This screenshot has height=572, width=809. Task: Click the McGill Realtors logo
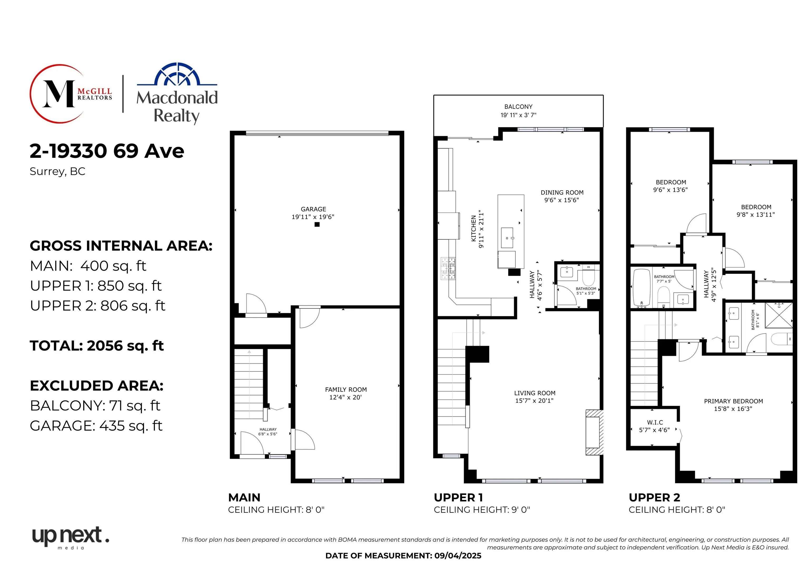point(71,94)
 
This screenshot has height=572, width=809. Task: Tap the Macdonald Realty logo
point(177,93)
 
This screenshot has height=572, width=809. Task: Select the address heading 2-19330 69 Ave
point(107,151)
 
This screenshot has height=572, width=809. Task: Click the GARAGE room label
point(313,209)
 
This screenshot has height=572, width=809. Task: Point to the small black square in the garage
point(317,224)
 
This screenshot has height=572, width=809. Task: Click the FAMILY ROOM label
point(346,389)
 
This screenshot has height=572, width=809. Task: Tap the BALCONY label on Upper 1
point(518,107)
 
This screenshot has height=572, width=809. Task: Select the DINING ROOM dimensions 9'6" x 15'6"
point(562,200)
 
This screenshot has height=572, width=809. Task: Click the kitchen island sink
point(507,238)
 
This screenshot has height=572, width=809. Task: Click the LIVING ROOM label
point(535,393)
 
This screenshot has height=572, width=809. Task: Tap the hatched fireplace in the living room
point(594,432)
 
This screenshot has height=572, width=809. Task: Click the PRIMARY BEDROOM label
point(734,401)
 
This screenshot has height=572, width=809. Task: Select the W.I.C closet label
point(655,422)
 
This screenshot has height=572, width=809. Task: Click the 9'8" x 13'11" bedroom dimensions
point(756,215)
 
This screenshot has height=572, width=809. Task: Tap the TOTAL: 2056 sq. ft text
point(97,346)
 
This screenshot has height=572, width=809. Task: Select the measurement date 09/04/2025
point(458,556)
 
